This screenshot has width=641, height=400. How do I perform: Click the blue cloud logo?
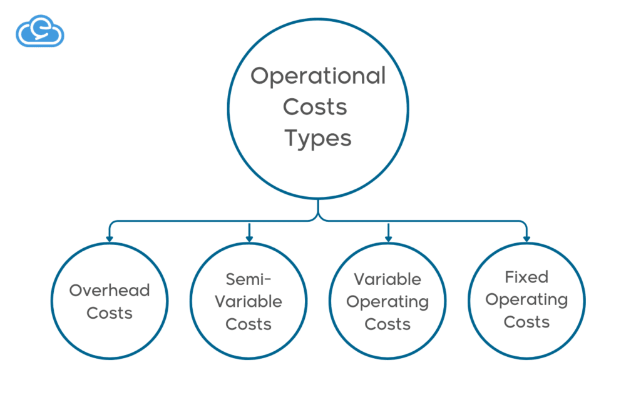(x=39, y=32)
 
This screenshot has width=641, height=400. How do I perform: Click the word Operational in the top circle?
(x=318, y=76)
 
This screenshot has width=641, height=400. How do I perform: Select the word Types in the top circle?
(x=318, y=138)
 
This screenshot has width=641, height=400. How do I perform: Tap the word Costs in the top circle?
(x=315, y=107)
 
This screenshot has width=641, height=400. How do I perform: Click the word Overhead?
(x=110, y=291)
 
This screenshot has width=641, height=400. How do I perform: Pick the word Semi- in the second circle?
(x=249, y=279)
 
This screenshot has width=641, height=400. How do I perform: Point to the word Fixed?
(x=526, y=277)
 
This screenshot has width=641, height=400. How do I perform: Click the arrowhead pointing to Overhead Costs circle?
(x=110, y=238)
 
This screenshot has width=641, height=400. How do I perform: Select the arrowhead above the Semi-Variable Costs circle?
(x=249, y=238)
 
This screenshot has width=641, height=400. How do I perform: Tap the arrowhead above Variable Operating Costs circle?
(x=388, y=238)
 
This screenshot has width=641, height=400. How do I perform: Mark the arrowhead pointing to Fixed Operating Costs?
(x=526, y=238)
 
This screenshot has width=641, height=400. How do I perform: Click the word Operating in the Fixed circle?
(x=526, y=300)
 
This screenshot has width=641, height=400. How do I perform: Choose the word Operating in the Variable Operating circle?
(x=387, y=302)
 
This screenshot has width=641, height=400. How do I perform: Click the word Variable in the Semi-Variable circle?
(x=249, y=302)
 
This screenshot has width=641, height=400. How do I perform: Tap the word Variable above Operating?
(x=387, y=279)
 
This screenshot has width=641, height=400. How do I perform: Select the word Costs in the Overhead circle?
(x=110, y=313)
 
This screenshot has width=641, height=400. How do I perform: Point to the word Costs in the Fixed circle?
(x=526, y=322)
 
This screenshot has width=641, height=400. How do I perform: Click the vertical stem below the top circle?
(x=318, y=208)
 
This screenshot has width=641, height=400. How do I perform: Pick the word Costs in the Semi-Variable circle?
(x=249, y=324)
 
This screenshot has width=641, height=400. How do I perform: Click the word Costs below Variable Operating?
(x=387, y=324)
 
